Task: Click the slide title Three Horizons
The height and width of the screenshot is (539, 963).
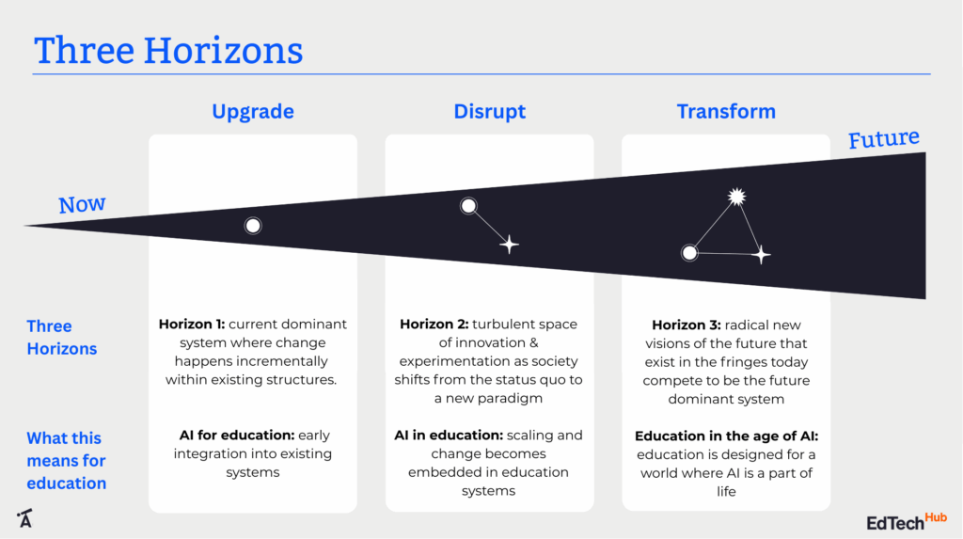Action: (x=168, y=50)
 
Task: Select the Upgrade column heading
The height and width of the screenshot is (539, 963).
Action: (x=252, y=111)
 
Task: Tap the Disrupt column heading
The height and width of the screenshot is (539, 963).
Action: (x=489, y=111)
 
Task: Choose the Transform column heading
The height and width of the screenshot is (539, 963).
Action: (x=726, y=111)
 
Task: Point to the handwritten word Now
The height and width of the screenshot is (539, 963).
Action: (x=82, y=204)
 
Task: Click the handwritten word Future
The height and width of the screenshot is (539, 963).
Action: (x=883, y=140)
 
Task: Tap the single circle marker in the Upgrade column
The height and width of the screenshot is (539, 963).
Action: (x=253, y=226)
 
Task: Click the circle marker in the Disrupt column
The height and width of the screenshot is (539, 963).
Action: (x=468, y=206)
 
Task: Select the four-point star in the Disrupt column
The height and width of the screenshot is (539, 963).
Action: (x=509, y=245)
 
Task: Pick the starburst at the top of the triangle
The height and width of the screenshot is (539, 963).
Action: (x=736, y=197)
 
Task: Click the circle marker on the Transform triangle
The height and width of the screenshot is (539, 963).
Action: (x=689, y=252)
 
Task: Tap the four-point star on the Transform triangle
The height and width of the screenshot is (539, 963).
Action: (x=762, y=254)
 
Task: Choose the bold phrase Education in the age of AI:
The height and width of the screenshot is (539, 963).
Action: (x=726, y=436)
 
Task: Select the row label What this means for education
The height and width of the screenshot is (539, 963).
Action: (x=66, y=461)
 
